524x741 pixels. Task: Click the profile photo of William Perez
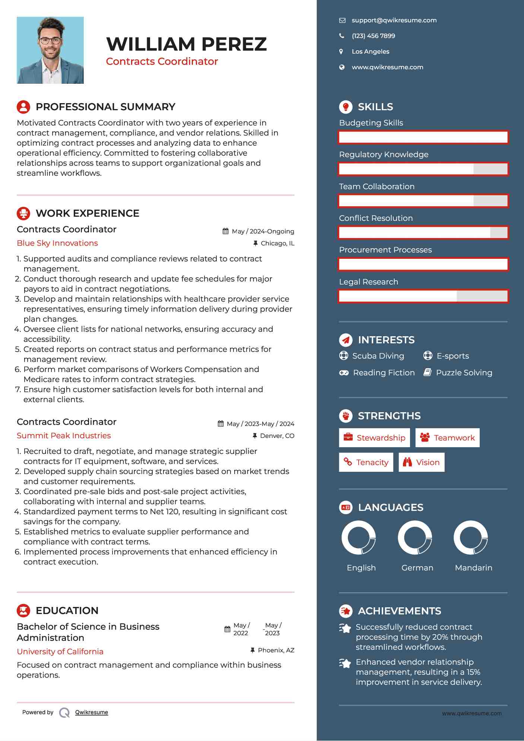coord(50,50)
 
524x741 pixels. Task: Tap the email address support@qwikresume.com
coord(394,20)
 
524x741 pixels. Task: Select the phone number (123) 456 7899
coord(373,36)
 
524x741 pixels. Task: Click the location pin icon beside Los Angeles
coord(341,52)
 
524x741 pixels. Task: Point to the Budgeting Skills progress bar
coord(423,137)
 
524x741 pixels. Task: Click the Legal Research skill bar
coord(423,296)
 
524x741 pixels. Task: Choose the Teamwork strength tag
coord(447,438)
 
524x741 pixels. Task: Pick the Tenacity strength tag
coord(366,462)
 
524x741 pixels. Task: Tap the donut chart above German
coord(415,538)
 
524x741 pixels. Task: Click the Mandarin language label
coord(473,568)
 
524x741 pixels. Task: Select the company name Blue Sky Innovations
coord(57,243)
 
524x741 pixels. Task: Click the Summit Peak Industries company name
coord(64,436)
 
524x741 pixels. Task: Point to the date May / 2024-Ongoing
coord(263,232)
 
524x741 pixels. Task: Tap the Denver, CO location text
coord(277,436)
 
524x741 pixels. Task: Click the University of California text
coord(60,652)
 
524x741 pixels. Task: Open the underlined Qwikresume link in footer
coord(92,712)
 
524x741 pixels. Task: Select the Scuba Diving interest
coord(378,356)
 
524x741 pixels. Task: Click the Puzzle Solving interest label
coord(464,373)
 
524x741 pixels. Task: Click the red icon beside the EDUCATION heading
coord(23,611)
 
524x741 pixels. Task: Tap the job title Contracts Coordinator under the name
coord(162,61)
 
